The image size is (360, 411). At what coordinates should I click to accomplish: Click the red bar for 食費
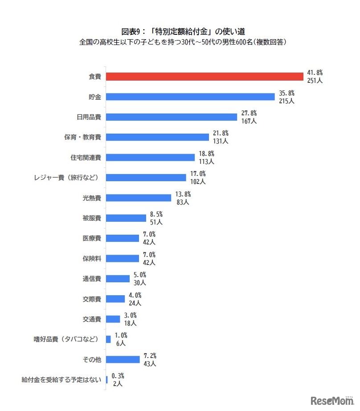tap(205, 77)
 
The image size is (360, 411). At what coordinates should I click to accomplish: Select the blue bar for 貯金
tap(190, 97)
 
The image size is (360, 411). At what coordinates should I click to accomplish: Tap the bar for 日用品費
tap(172, 117)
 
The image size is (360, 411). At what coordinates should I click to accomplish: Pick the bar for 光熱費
tap(139, 198)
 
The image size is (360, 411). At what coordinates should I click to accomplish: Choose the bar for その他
tap(123, 359)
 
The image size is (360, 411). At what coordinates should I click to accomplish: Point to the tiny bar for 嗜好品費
tap(108, 339)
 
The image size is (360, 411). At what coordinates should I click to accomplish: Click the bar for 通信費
tap(118, 279)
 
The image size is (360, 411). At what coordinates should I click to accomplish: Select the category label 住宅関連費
tap(86, 157)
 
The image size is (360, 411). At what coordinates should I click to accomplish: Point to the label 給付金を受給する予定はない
tap(62, 380)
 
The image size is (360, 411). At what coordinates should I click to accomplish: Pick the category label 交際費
tap(92, 299)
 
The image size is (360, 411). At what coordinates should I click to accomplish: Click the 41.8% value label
tap(315, 73)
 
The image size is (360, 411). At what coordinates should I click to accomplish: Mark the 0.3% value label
tap(118, 376)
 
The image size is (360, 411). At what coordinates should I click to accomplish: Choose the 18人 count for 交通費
tap(131, 323)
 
